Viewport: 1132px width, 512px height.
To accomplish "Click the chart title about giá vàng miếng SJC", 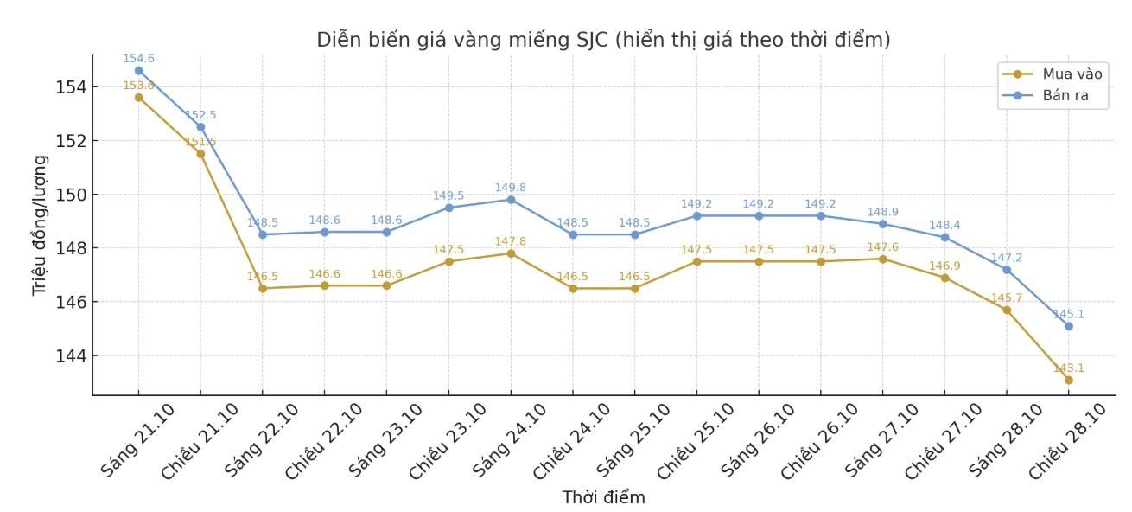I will (603, 40).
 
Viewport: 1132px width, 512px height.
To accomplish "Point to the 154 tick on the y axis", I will (71, 87).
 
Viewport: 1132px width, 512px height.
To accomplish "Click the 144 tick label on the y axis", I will (71, 356).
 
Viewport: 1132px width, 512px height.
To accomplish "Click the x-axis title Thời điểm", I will (603, 498).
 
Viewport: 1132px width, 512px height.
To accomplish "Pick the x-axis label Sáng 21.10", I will (138, 440).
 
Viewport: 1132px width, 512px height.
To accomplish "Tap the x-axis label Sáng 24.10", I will (510, 440).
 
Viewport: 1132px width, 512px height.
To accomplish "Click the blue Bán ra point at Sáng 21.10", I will (138, 71).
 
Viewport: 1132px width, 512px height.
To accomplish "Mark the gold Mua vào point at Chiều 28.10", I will (1069, 380).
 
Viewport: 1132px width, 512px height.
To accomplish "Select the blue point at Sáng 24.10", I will (511, 200).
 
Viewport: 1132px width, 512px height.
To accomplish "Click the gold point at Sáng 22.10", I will (263, 288).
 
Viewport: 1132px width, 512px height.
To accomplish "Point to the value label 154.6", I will (138, 59).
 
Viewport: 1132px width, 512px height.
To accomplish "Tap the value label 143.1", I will (1069, 368).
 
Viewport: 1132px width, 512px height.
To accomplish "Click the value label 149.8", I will (511, 188).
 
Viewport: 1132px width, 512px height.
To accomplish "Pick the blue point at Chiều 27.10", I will (944, 237).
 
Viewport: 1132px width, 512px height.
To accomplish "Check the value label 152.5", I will (200, 115).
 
